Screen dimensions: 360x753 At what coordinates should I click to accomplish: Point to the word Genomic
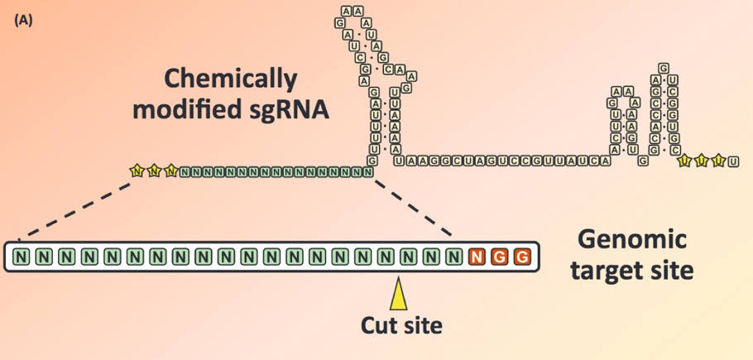click(x=632, y=242)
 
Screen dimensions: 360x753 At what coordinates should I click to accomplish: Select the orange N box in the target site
click(x=476, y=257)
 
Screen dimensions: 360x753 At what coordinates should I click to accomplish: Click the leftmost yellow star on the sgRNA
click(x=137, y=171)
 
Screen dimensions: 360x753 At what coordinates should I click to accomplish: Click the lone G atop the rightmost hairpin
click(x=662, y=68)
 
